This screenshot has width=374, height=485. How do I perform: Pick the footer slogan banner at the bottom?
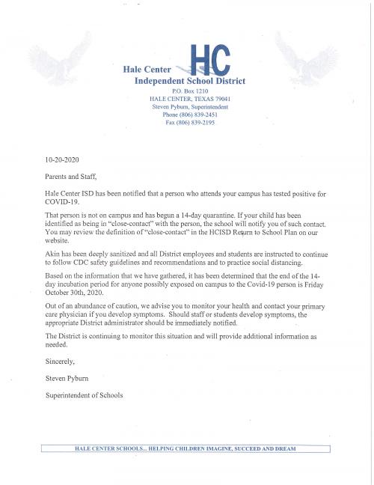186,448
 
